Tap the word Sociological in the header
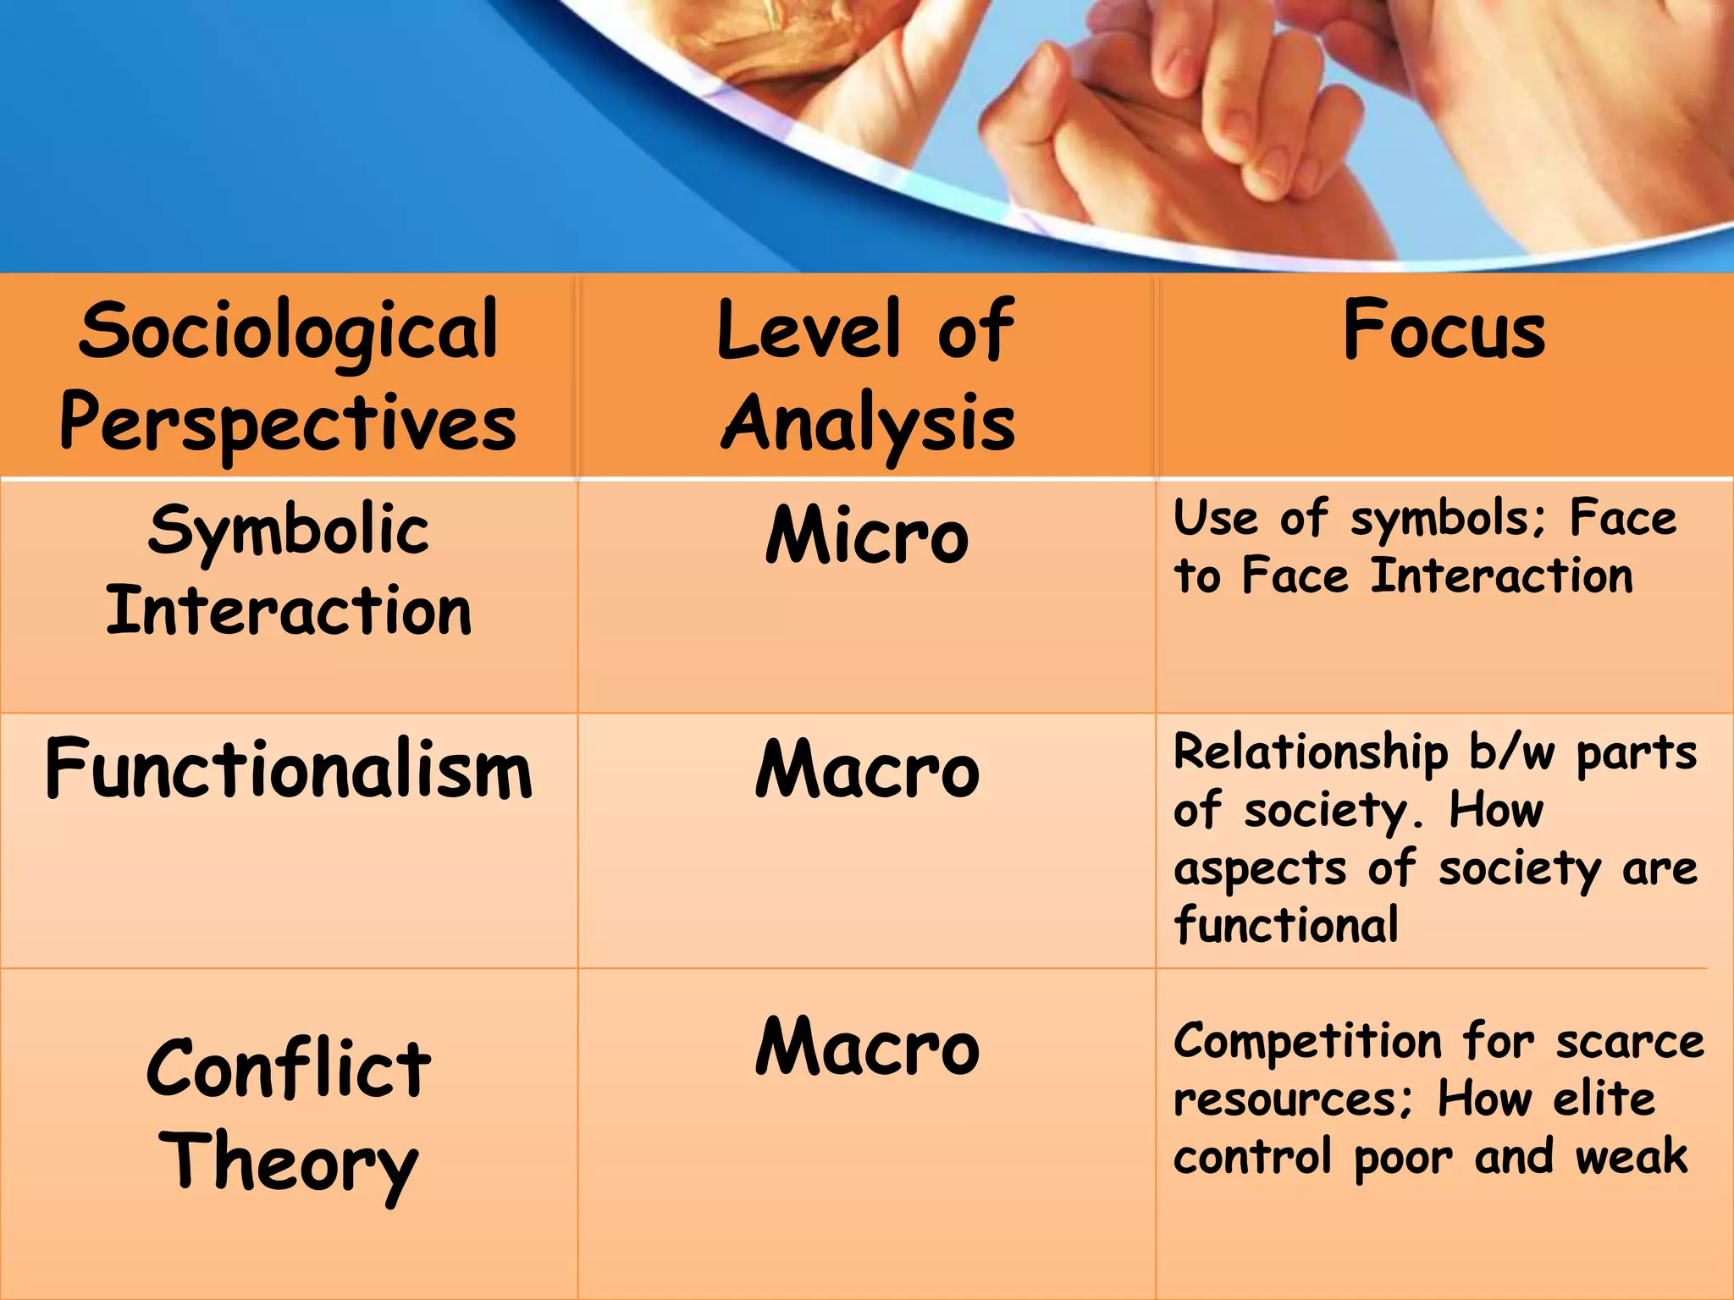288,332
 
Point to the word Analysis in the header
867,423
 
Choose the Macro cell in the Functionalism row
867,770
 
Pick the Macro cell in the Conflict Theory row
867,1048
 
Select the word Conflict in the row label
288,1068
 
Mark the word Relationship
1311,752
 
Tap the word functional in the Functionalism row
1285,924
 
